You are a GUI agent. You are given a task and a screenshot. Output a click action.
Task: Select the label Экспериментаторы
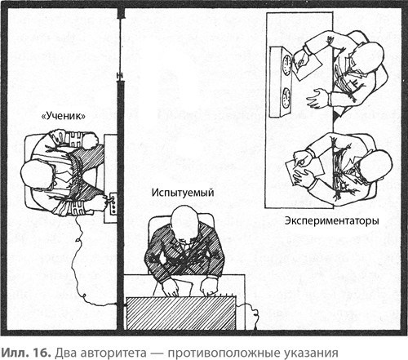click(x=330, y=220)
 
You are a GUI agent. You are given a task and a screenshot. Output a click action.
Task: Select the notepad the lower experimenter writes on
click(x=292, y=172)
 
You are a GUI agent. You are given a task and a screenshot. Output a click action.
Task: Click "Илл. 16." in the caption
click(x=24, y=349)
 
